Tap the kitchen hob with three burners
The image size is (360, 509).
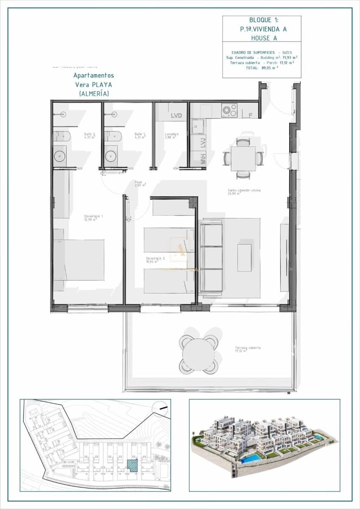pos(229,111)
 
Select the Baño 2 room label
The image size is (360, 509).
pos(89,135)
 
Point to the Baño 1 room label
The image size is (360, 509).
pos(140,135)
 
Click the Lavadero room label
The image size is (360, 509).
pos(172,135)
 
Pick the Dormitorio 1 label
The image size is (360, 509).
pos(93,218)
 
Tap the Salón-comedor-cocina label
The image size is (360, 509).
pos(244,192)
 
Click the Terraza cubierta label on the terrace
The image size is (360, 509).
pos(247,349)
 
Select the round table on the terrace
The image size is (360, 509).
pos(198,354)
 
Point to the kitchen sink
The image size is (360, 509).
pos(197,126)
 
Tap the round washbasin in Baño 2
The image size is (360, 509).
pos(60,155)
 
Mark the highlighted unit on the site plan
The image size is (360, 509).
pos(133,465)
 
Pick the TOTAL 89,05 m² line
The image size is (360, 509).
pos(262,67)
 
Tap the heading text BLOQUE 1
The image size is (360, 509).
pos(262,20)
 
